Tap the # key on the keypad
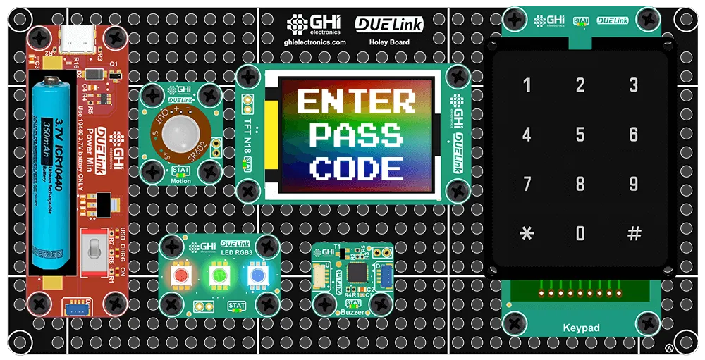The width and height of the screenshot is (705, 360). (x=634, y=233)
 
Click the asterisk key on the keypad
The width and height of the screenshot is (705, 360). (x=526, y=233)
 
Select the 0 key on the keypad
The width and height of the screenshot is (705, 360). (x=580, y=233)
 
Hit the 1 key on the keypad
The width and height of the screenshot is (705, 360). (x=526, y=86)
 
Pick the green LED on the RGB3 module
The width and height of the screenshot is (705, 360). (x=218, y=275)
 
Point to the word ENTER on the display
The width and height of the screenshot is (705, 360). (x=356, y=102)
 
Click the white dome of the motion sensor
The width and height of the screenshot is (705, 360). (x=181, y=132)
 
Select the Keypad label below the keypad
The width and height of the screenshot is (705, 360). (x=581, y=328)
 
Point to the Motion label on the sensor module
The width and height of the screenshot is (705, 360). (x=181, y=181)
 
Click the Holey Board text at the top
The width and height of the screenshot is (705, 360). (x=389, y=42)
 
